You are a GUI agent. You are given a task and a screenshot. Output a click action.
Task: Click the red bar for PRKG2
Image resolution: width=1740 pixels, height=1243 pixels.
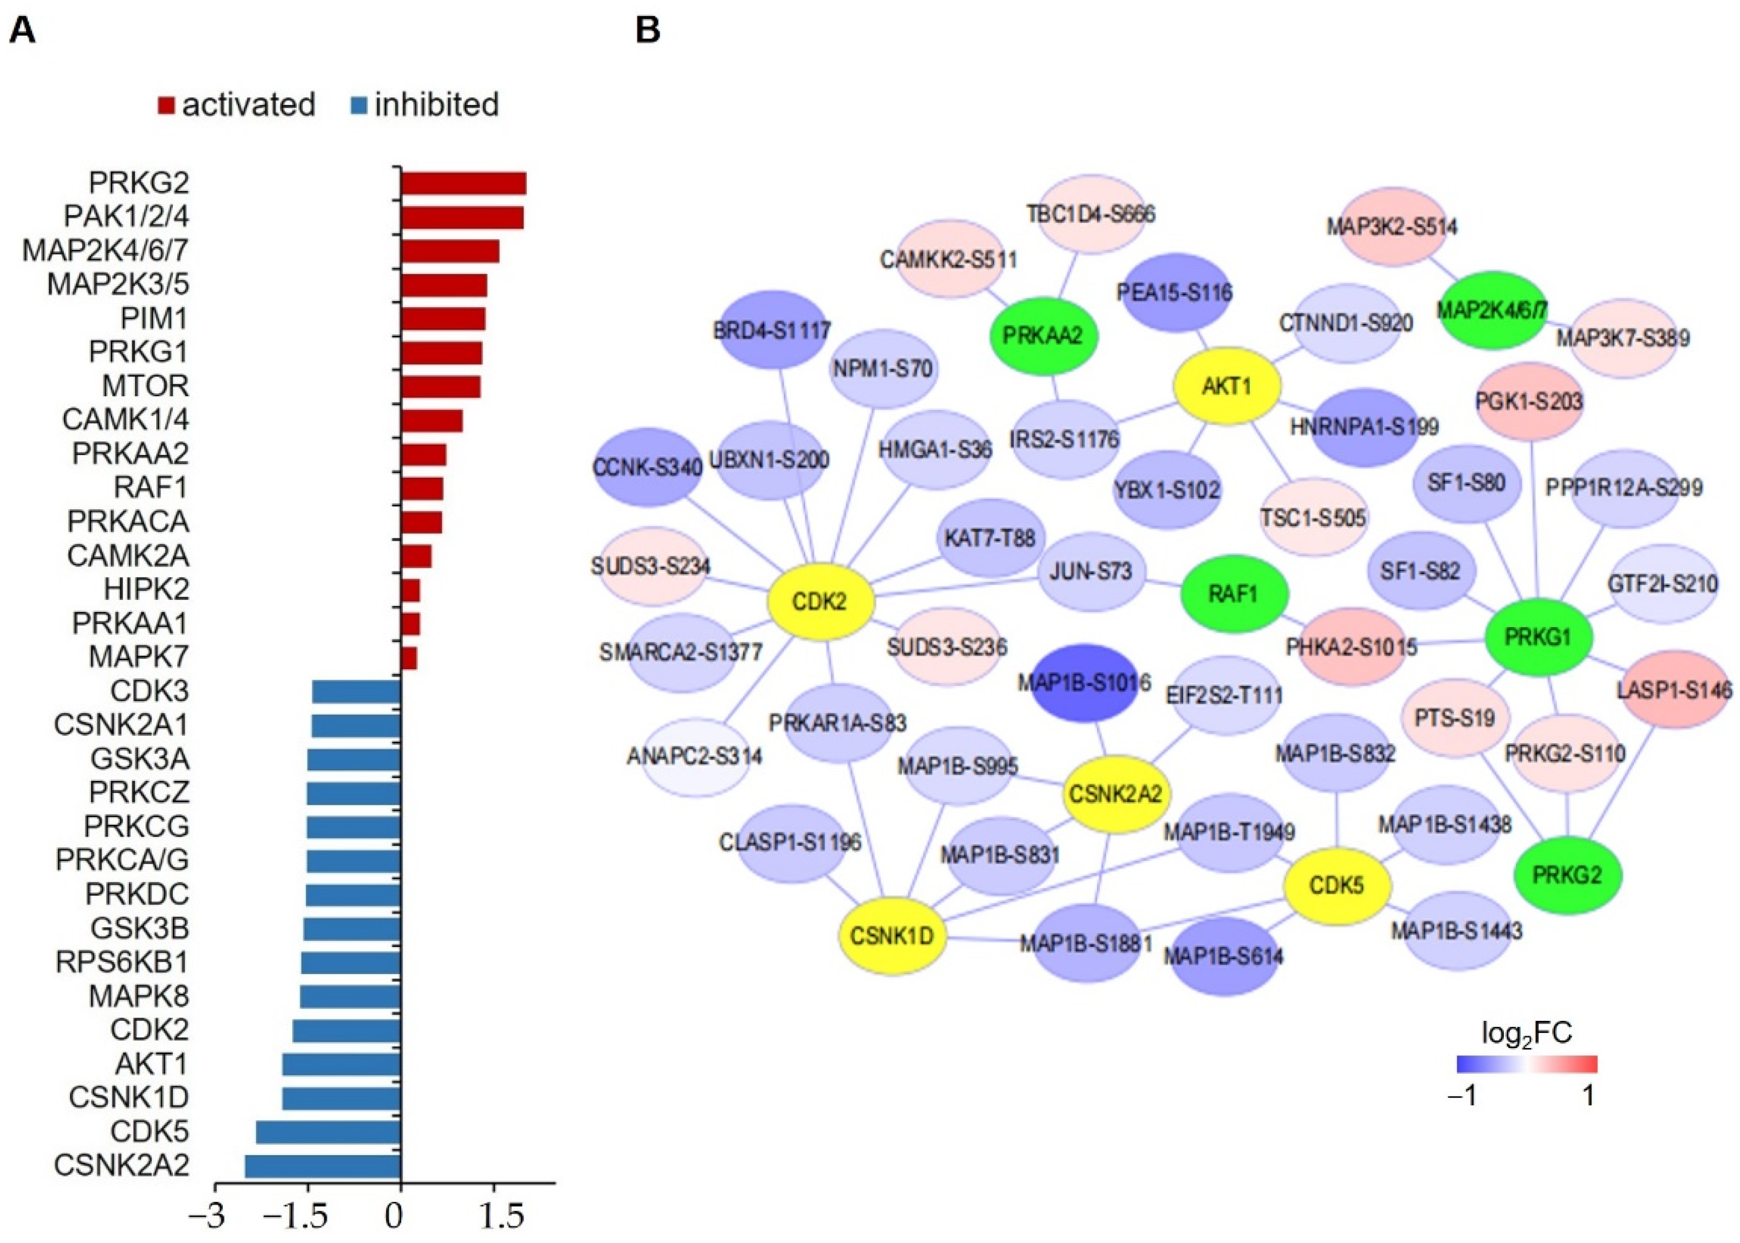(x=463, y=184)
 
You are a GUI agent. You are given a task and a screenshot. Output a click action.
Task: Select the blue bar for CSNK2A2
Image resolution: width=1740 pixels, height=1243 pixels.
(x=322, y=1166)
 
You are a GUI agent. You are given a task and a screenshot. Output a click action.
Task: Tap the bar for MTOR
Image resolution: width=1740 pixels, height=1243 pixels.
(x=440, y=387)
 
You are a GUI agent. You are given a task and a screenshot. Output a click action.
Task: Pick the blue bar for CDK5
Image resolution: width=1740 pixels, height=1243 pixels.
(x=328, y=1132)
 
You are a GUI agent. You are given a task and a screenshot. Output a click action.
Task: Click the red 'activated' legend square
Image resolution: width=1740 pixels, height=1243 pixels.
(x=166, y=105)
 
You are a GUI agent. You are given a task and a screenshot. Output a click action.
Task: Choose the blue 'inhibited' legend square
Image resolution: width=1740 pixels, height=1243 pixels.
(x=358, y=105)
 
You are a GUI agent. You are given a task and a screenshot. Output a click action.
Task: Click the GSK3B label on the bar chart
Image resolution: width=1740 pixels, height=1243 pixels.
(x=139, y=929)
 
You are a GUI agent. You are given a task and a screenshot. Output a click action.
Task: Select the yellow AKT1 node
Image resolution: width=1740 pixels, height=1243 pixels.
(x=1227, y=386)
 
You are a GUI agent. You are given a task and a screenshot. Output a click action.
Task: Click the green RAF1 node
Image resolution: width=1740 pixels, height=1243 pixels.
(x=1233, y=593)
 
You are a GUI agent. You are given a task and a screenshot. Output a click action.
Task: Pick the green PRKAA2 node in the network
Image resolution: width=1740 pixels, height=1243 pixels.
(x=1043, y=335)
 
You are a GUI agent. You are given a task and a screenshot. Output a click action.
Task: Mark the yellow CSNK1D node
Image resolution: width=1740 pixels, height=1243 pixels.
(x=892, y=935)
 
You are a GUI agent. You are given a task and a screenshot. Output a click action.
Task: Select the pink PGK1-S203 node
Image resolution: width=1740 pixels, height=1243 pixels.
(x=1529, y=401)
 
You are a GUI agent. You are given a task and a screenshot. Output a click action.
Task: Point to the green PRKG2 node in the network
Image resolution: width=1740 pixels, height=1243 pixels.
(x=1567, y=875)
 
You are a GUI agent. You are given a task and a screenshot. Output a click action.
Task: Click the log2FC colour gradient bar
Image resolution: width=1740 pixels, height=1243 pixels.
(x=1527, y=1065)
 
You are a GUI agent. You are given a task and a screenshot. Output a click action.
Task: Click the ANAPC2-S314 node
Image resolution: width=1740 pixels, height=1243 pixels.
(x=694, y=757)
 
